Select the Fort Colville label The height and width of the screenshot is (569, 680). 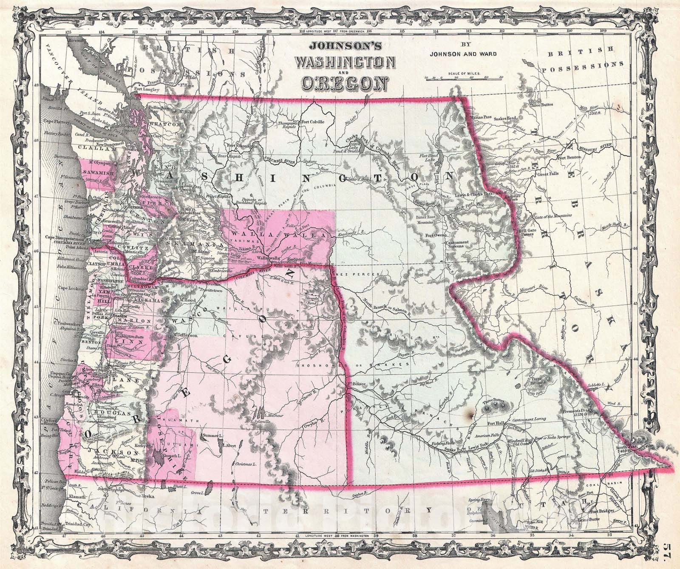[x=313, y=122]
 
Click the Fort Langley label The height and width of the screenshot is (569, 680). [x=147, y=90]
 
